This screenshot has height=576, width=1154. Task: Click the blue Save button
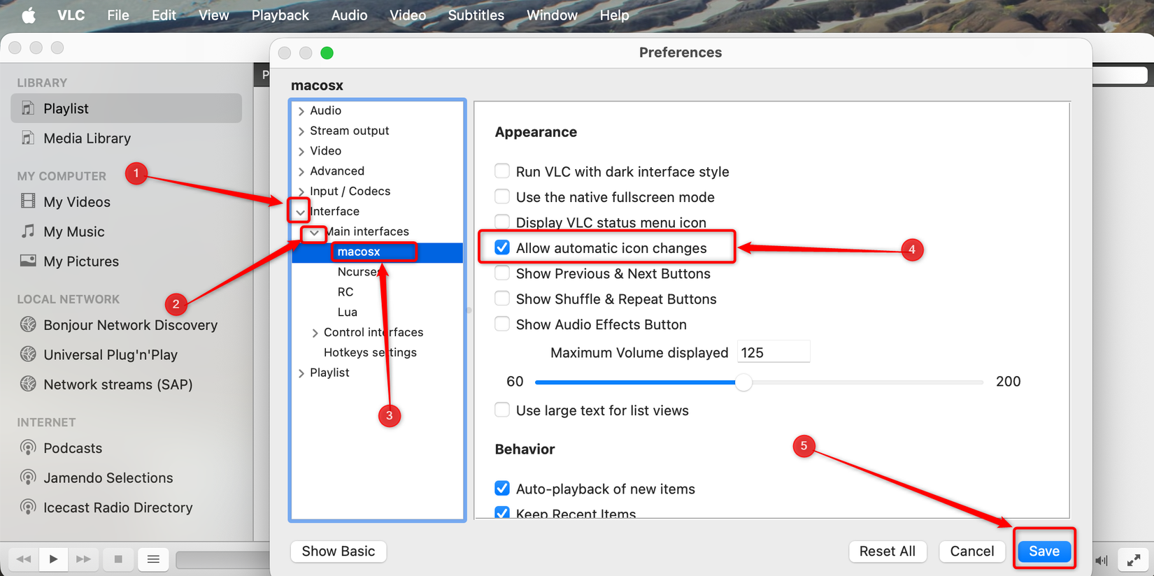pyautogui.click(x=1043, y=551)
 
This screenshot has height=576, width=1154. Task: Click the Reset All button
pyautogui.click(x=887, y=551)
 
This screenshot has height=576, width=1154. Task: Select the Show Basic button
pyautogui.click(x=339, y=551)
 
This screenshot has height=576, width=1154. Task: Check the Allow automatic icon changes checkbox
pyautogui.click(x=502, y=247)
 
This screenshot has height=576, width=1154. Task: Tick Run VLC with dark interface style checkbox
pyautogui.click(x=502, y=171)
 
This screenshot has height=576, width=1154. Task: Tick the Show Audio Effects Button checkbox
pyautogui.click(x=502, y=324)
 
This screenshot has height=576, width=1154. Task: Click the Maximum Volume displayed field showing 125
pyautogui.click(x=773, y=352)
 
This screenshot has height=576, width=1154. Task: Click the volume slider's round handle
pyautogui.click(x=743, y=382)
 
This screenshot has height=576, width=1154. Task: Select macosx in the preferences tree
pyautogui.click(x=359, y=252)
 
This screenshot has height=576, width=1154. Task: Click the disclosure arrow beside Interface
pyautogui.click(x=300, y=211)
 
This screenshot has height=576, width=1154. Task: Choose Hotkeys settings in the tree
pyautogui.click(x=370, y=352)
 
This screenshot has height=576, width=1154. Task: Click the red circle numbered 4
pyautogui.click(x=911, y=250)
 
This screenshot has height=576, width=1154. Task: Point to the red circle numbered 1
pyautogui.click(x=136, y=173)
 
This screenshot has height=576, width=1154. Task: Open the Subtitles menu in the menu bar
pyautogui.click(x=476, y=15)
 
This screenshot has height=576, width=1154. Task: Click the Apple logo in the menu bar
pyautogui.click(x=29, y=15)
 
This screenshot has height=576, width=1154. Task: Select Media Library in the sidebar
pyautogui.click(x=87, y=138)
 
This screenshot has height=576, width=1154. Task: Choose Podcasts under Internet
pyautogui.click(x=73, y=448)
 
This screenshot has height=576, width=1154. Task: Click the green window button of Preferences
pyautogui.click(x=327, y=53)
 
